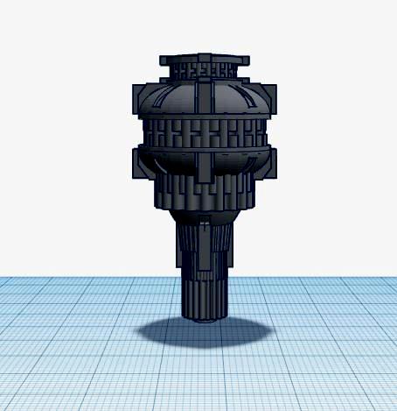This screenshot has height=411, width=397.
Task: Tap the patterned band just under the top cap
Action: point(204,69)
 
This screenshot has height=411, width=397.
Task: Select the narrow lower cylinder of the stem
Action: point(205,294)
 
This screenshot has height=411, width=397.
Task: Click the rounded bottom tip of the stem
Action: point(205,317)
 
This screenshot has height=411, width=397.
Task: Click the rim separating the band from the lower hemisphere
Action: point(204,150)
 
